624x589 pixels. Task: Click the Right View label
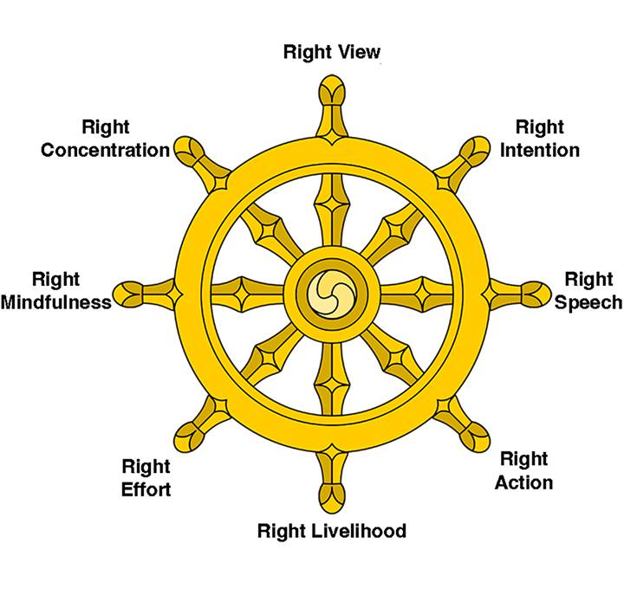pyautogui.click(x=331, y=52)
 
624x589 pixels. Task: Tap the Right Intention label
pyautogui.click(x=539, y=139)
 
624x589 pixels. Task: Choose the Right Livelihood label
pyautogui.click(x=331, y=530)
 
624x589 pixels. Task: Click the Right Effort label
pyautogui.click(x=146, y=478)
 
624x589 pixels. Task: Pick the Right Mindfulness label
pyautogui.click(x=55, y=291)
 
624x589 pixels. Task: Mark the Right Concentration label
pyautogui.click(x=106, y=139)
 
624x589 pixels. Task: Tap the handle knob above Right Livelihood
pyautogui.click(x=332, y=492)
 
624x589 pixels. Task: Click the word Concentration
pyautogui.click(x=106, y=150)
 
